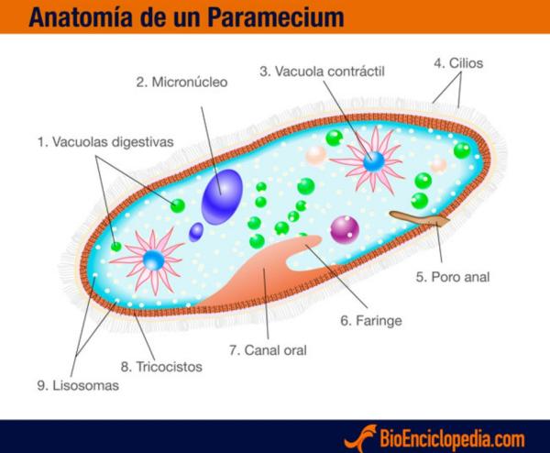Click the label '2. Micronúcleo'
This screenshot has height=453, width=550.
click(x=181, y=83)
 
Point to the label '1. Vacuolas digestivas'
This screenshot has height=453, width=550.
click(x=104, y=142)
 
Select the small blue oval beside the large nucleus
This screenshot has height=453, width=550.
click(x=196, y=231)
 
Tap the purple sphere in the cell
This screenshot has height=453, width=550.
click(x=345, y=227)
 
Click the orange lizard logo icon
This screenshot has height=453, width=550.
click(x=365, y=436)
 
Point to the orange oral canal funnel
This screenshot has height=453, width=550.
click(x=275, y=271)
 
